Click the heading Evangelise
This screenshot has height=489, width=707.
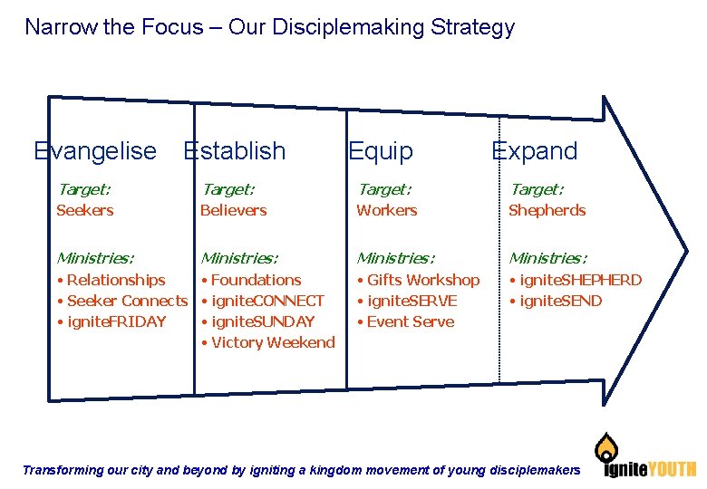(94, 151)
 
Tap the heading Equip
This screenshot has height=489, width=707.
(380, 151)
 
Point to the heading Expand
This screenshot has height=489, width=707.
(534, 151)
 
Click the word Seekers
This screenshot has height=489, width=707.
(84, 210)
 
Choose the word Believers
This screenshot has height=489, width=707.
(233, 210)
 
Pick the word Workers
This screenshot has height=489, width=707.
(386, 210)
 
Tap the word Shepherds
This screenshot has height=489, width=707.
(547, 210)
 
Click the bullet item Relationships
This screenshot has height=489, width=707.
(115, 280)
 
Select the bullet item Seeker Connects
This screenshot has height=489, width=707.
(126, 301)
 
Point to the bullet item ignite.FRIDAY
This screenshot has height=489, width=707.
(116, 321)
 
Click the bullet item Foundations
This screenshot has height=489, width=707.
(256, 280)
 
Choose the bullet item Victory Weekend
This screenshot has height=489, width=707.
(272, 342)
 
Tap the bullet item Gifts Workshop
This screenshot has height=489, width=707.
(422, 280)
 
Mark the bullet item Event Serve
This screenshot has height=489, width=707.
(410, 321)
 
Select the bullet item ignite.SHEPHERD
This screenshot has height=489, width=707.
(579, 280)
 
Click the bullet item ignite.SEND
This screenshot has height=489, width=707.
(559, 301)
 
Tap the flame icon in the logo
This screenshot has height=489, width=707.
(606, 447)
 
